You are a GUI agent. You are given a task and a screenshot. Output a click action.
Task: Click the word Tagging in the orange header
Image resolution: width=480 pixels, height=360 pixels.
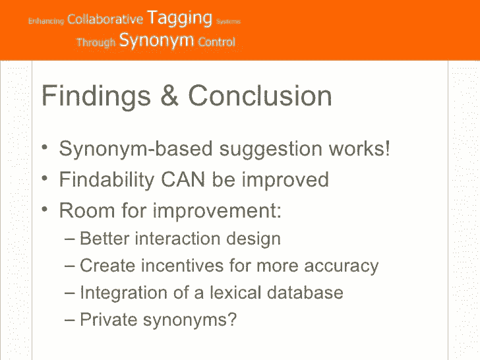pyautogui.click(x=179, y=18)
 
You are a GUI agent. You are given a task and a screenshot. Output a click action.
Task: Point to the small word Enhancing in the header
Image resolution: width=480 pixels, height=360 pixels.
pyautogui.click(x=46, y=21)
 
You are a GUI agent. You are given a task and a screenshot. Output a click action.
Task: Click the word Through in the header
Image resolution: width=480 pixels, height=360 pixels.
pyautogui.click(x=96, y=42)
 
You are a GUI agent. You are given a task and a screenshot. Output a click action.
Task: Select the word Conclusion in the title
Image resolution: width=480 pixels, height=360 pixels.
pyautogui.click(x=260, y=96)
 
